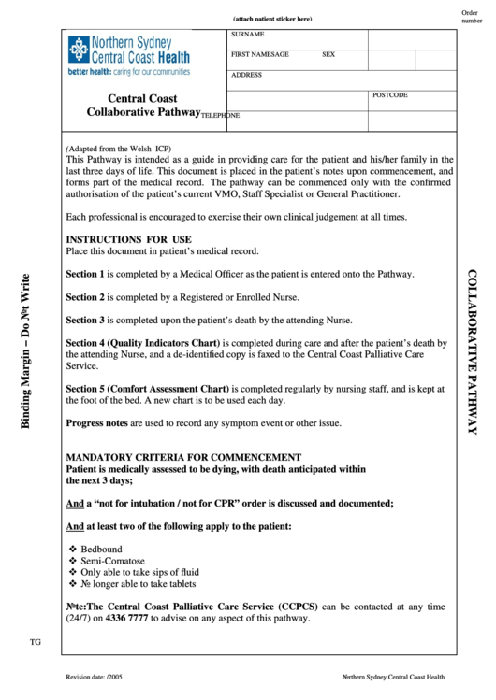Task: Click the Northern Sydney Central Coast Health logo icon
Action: (78, 49)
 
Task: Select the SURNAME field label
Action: (248, 35)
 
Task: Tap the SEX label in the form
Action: (328, 55)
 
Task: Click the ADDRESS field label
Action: (247, 75)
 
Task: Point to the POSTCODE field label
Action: (390, 95)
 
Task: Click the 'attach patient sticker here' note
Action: (272, 20)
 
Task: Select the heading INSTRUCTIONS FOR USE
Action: (128, 239)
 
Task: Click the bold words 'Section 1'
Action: (85, 275)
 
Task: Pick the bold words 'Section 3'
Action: (85, 320)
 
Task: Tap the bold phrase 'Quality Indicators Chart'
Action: (165, 343)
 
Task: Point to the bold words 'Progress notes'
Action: (96, 423)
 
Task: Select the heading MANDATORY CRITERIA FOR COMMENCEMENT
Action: (170, 457)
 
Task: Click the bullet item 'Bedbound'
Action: (101, 549)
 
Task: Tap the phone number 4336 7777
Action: (126, 619)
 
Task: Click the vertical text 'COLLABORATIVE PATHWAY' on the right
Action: (473, 351)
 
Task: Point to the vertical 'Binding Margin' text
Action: (27, 351)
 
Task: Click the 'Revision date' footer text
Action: (95, 677)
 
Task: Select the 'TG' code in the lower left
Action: (36, 642)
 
